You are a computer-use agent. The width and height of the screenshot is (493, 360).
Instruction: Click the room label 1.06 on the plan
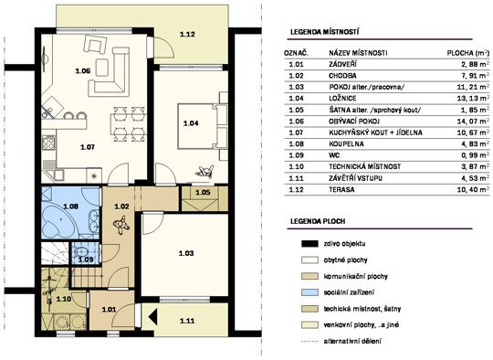click(83, 70)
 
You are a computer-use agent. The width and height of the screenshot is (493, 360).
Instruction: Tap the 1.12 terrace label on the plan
click(187, 34)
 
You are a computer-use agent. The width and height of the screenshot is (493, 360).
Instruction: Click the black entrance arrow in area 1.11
click(153, 316)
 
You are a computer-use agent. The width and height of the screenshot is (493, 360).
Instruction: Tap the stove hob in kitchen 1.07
click(48, 143)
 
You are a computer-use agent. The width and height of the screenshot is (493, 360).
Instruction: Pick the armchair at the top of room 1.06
click(95, 44)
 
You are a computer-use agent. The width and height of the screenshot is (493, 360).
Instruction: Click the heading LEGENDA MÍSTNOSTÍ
click(324, 32)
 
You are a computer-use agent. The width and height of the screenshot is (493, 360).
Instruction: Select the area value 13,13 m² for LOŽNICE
click(473, 98)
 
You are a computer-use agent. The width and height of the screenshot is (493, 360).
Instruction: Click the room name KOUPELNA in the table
click(346, 143)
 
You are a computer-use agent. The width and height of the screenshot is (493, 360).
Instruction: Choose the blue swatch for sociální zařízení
click(309, 292)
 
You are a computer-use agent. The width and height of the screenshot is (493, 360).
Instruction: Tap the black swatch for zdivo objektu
click(309, 244)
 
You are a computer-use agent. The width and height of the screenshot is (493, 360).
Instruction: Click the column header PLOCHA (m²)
click(468, 53)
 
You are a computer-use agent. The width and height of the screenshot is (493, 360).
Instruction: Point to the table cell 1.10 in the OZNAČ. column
click(296, 166)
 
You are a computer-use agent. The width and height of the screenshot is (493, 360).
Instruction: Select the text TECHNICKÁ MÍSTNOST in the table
click(364, 166)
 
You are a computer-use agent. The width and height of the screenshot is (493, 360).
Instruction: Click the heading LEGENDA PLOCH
click(318, 221)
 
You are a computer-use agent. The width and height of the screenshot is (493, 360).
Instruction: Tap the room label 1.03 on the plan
click(186, 253)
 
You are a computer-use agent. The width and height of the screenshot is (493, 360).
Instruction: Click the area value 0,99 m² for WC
click(475, 155)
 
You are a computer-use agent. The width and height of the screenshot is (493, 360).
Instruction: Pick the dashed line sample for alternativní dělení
click(309, 341)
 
